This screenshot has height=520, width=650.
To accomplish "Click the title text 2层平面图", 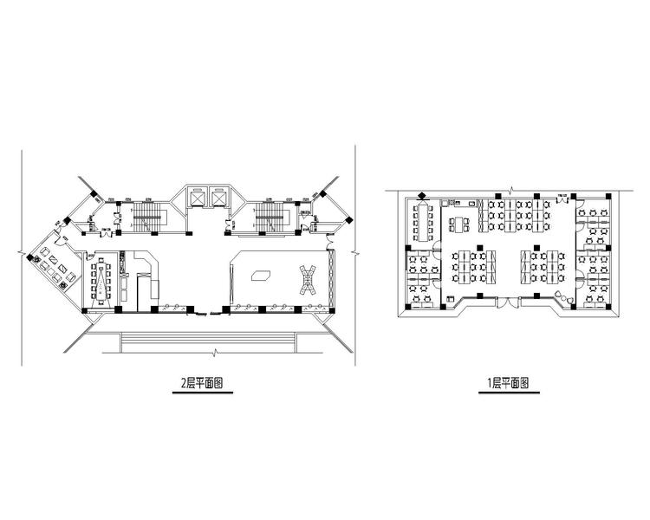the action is pyautogui.click(x=205, y=381).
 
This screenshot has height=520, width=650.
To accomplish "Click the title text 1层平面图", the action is pyautogui.click(x=506, y=381).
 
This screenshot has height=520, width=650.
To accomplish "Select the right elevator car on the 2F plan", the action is pyautogui.click(x=218, y=198).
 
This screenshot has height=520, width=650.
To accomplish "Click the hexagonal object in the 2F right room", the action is pyautogui.click(x=260, y=276).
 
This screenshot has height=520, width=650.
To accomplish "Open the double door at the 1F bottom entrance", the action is pyautogui.click(x=508, y=302).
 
